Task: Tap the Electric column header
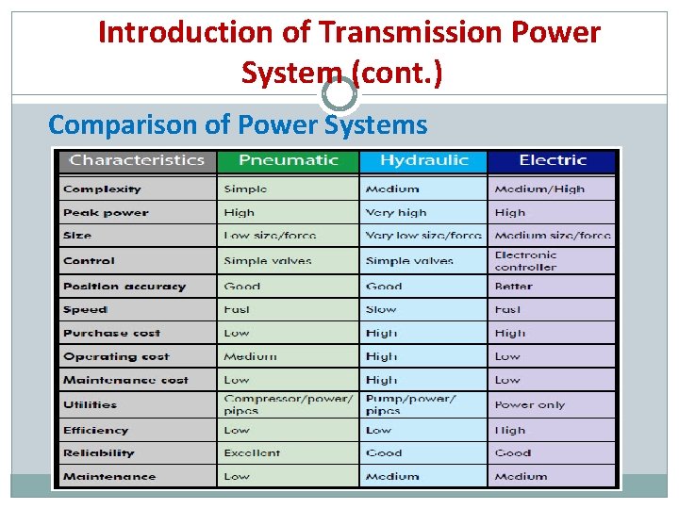552,160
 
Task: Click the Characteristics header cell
137,160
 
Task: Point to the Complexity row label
102,189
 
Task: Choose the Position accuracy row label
124,287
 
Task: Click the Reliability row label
99,453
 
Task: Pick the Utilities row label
90,405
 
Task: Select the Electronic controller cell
525,261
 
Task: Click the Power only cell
529,405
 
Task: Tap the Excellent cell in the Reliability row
252,453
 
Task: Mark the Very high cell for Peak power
395,213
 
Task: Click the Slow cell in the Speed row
380,310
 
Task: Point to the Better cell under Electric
513,287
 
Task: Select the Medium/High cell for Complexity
538,189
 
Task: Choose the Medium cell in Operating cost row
250,357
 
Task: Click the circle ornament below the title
339,94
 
